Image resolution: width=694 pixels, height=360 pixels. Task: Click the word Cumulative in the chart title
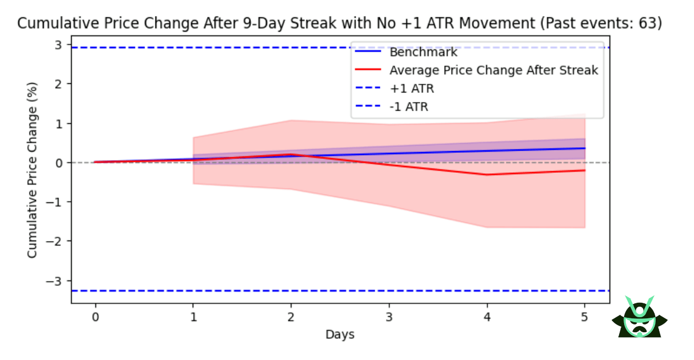pos(48,24)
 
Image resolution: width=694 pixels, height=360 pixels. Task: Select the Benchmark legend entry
pos(423,53)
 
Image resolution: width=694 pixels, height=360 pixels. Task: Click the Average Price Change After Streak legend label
pos(494,71)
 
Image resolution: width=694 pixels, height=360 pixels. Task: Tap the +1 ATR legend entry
pos(411,89)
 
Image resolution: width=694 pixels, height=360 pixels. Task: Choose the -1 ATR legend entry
pos(409,107)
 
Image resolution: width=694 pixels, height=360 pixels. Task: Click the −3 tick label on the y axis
pos(56,280)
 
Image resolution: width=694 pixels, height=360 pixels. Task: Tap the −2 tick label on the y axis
pos(56,241)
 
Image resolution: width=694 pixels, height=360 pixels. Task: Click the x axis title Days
pos(340,334)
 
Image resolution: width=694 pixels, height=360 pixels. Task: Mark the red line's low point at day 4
pos(487,174)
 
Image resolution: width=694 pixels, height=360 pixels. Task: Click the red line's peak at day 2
pos(291,154)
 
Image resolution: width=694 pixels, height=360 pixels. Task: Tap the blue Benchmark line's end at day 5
pos(585,148)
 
